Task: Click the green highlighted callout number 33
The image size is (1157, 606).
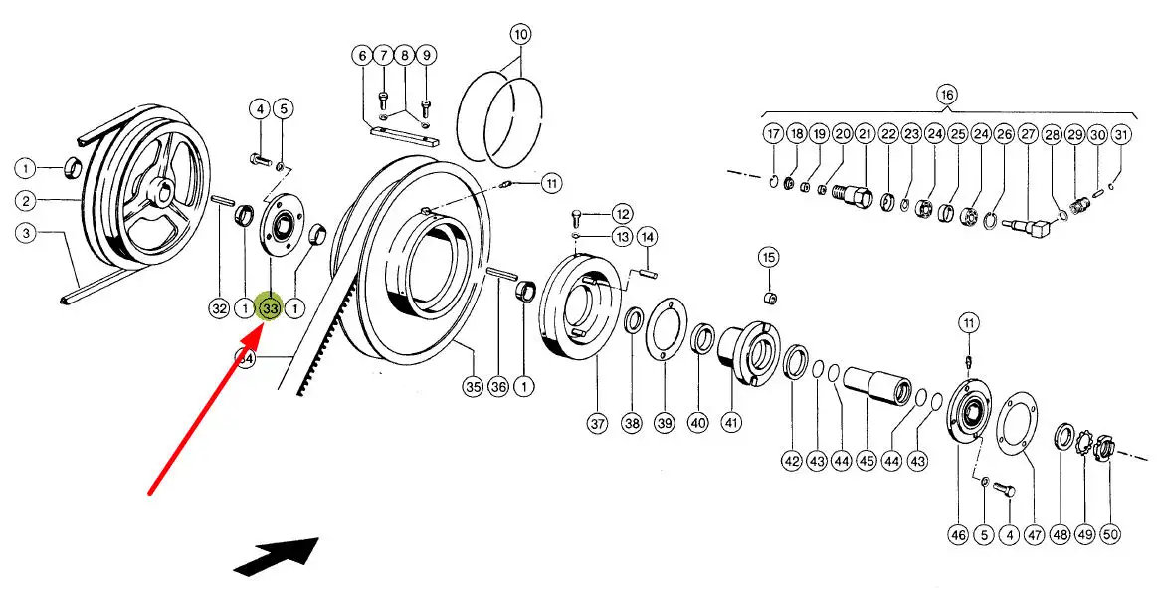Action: (x=270, y=308)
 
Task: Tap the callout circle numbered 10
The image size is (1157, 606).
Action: (x=521, y=34)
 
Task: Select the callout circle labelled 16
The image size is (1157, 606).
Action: (x=945, y=95)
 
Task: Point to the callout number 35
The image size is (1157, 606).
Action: (x=472, y=387)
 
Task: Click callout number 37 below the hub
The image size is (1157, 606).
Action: (x=597, y=423)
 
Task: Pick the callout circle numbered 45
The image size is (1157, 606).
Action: (x=867, y=461)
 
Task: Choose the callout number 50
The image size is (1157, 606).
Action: (x=1110, y=534)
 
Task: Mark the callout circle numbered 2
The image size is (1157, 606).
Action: (x=26, y=201)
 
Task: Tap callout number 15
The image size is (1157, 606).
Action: (x=768, y=258)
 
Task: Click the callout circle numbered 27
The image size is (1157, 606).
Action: (x=1028, y=134)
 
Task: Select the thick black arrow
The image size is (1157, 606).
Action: (x=277, y=555)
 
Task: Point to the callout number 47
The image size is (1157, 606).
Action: (x=1035, y=534)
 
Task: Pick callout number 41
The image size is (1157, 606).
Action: (x=731, y=423)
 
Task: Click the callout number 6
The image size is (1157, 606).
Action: (x=360, y=55)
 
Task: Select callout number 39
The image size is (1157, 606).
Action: (x=665, y=423)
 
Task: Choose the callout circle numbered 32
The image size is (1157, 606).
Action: (x=219, y=308)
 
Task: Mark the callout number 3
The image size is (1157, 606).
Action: (x=26, y=234)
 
